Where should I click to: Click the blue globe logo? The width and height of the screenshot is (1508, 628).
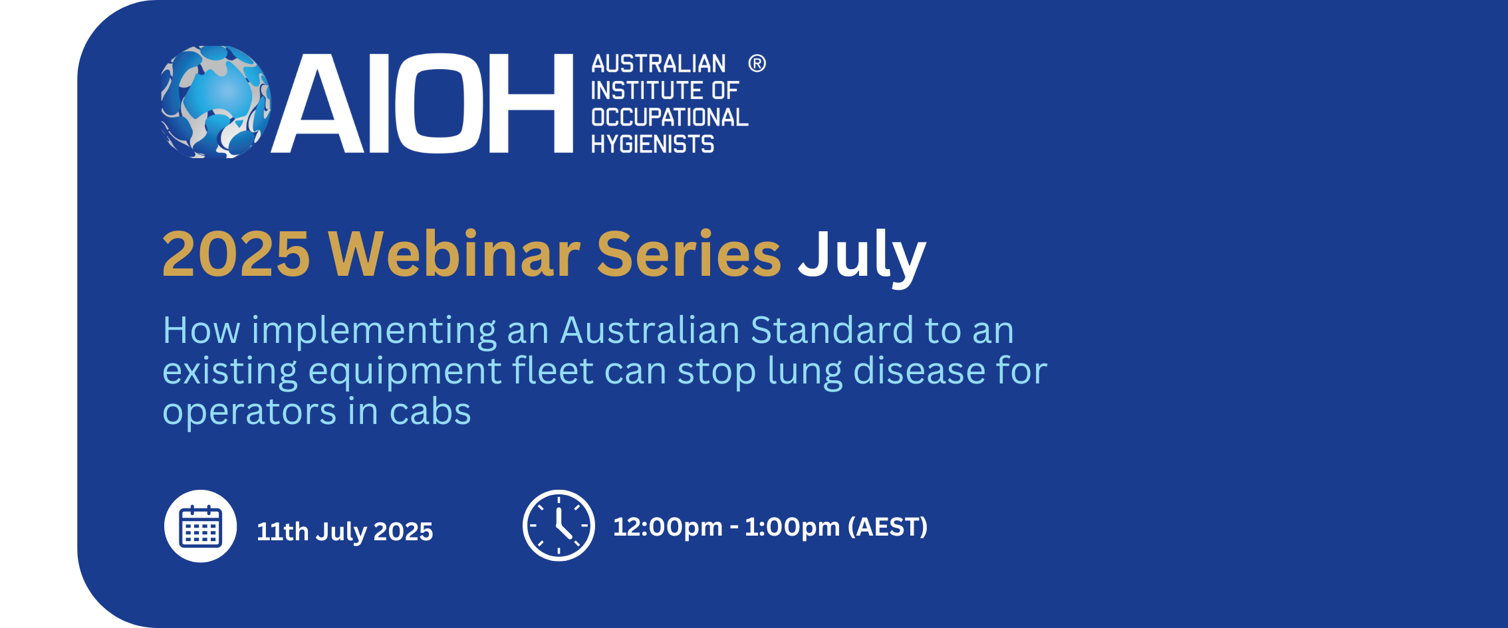click(x=216, y=102)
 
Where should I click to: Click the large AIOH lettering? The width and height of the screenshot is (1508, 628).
click(x=422, y=103)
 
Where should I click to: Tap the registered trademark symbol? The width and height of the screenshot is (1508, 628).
click(x=757, y=64)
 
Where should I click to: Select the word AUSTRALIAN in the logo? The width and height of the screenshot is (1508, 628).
click(x=658, y=64)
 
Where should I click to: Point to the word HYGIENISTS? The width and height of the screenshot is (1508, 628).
click(x=652, y=144)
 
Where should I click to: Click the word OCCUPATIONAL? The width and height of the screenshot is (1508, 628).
click(x=670, y=118)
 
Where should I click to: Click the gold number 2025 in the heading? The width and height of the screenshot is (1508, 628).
click(x=236, y=254)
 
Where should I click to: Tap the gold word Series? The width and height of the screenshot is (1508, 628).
click(x=689, y=253)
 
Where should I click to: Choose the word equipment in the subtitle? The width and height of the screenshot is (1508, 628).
click(x=405, y=372)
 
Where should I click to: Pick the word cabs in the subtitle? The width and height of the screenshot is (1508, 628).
click(x=430, y=412)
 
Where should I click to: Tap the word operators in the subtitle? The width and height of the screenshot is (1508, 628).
click(x=250, y=414)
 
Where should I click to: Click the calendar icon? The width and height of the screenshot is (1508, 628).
click(x=200, y=526)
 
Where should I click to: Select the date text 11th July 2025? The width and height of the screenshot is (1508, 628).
click(x=344, y=532)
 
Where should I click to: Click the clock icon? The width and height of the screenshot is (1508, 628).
click(x=559, y=526)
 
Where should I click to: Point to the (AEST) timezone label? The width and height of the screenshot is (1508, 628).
click(x=888, y=527)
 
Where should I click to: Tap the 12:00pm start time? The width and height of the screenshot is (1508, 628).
click(x=668, y=528)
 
